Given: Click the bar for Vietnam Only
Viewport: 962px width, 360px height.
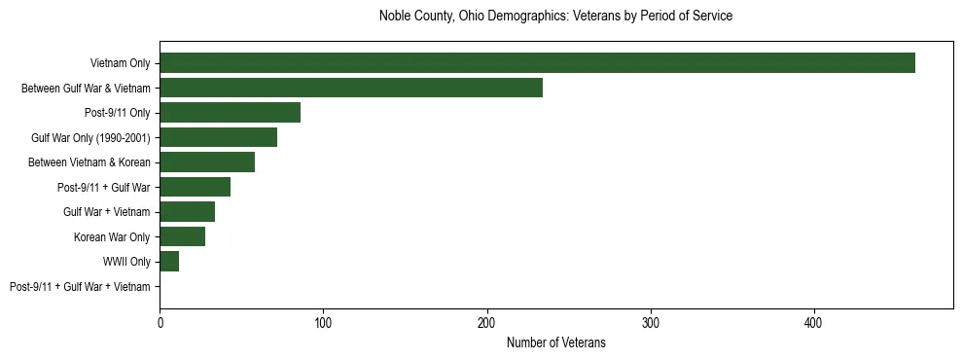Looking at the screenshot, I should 537,63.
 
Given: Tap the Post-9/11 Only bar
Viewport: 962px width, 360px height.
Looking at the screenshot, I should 230,113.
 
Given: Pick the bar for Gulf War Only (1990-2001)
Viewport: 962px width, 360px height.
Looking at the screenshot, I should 218,137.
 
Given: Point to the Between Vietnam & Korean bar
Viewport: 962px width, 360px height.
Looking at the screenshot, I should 207,162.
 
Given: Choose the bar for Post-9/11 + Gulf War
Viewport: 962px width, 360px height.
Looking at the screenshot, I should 195,187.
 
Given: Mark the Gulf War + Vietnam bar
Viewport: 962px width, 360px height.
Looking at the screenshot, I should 187,212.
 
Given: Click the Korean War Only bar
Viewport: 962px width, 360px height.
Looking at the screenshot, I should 182,236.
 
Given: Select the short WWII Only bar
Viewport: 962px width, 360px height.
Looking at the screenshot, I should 169,262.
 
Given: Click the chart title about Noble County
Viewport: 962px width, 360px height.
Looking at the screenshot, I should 555,17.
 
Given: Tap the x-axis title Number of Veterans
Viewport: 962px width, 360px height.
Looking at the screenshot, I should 555,342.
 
